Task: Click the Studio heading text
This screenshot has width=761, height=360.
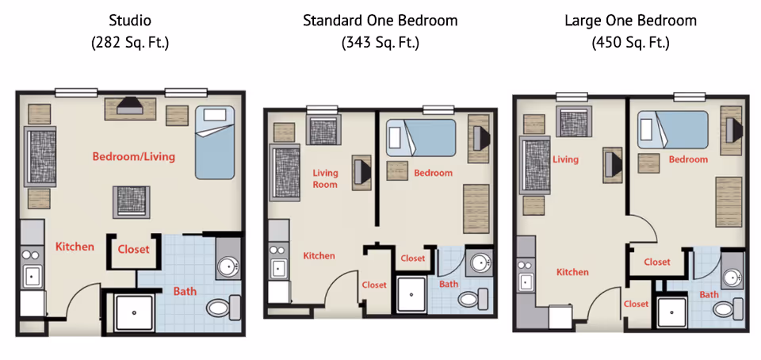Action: click(130, 21)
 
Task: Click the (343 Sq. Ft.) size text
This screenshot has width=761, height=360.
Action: click(380, 43)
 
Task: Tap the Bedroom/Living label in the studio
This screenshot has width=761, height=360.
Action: click(134, 156)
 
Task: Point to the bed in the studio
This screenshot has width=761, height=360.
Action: click(215, 140)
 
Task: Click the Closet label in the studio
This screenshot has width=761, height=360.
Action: click(133, 249)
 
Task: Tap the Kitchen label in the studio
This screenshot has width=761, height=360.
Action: click(75, 247)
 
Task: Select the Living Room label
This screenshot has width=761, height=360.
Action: click(325, 178)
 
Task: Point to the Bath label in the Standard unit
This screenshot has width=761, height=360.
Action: click(449, 284)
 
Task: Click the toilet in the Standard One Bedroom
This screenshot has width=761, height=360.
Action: click(472, 297)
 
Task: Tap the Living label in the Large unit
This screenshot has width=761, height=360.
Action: click(565, 159)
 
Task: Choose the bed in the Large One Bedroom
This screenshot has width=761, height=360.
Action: click(672, 129)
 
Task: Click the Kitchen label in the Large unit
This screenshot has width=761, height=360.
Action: click(572, 272)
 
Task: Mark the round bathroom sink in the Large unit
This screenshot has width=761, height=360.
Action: click(732, 277)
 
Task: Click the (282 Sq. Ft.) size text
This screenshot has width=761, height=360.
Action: click(130, 43)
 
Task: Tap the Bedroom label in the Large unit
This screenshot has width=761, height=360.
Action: click(688, 159)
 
